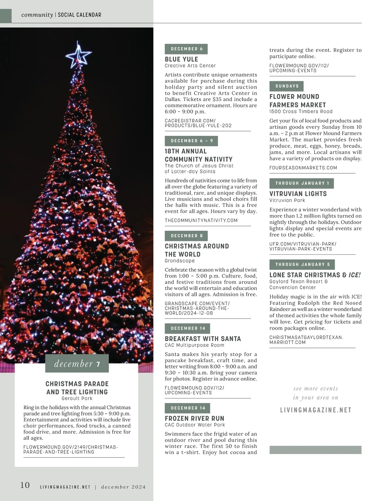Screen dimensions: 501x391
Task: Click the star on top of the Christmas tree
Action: tap(78, 56)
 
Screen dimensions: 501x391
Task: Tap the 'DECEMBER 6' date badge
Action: tap(186, 49)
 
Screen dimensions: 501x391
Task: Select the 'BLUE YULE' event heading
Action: tap(181, 59)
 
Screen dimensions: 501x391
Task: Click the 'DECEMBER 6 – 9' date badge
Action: tap(191, 141)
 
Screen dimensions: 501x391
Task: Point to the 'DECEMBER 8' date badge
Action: tap(186, 236)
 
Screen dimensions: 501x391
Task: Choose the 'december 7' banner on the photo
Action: tap(77, 364)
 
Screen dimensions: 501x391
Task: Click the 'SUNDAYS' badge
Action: tap(287, 86)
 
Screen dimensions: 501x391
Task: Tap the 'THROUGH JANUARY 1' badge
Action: tap(302, 183)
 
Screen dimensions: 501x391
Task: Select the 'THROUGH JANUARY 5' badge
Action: tap(302, 265)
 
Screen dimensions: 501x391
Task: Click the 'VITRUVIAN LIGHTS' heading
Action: tap(298, 194)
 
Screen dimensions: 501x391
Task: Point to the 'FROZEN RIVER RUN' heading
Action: tap(195, 419)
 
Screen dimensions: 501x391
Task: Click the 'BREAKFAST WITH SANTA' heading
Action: tap(203, 339)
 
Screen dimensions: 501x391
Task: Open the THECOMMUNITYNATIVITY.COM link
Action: tap(201, 221)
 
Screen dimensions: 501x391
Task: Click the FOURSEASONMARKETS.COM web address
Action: tap(303, 168)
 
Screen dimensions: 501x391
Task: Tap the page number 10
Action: tap(25, 485)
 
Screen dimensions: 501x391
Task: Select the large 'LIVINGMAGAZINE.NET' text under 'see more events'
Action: tap(316, 410)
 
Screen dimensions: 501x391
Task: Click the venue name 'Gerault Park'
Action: tap(77, 398)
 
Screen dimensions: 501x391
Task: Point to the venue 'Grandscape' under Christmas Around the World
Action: tap(180, 261)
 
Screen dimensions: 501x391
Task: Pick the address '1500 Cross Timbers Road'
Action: tap(301, 111)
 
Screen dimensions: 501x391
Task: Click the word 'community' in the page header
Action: tap(37, 15)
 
